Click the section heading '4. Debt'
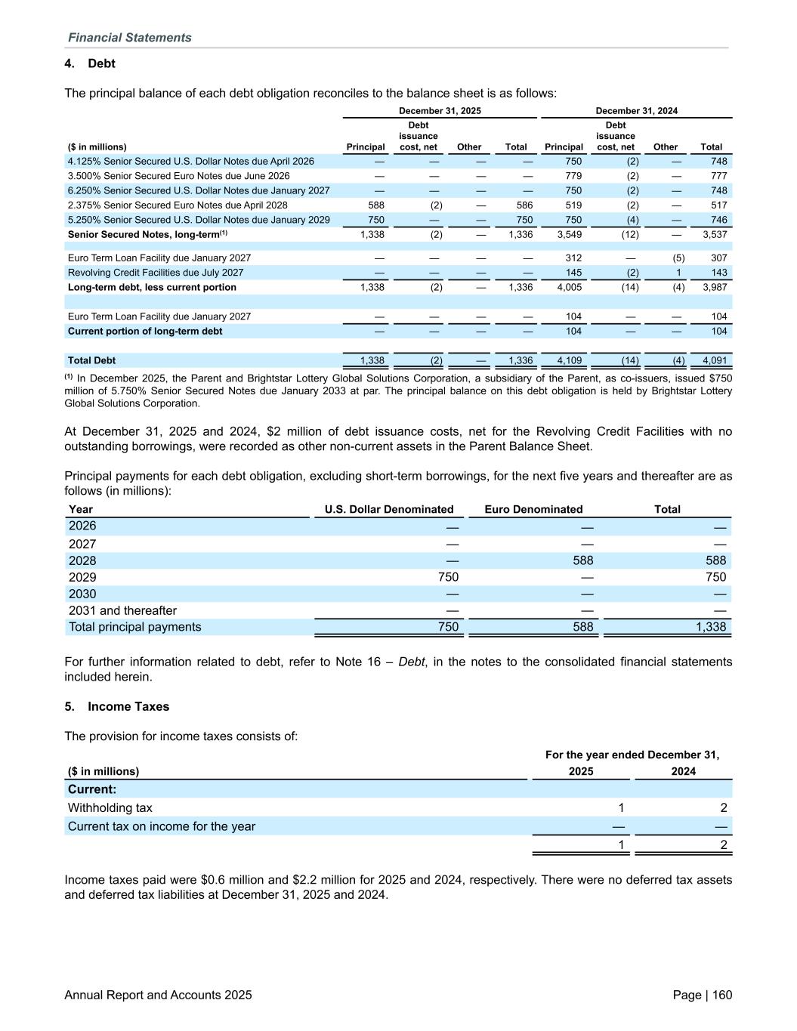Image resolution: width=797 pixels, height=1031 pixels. [x=90, y=63]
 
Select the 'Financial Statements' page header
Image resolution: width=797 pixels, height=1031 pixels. [x=129, y=38]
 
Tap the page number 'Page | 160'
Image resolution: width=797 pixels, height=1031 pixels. [x=702, y=995]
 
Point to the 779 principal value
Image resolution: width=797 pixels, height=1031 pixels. [x=573, y=176]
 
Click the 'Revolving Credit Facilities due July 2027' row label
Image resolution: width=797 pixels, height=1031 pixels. [x=155, y=273]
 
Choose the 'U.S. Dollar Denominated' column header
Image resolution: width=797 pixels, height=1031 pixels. [x=389, y=509]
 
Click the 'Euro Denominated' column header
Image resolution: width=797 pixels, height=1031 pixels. [x=533, y=509]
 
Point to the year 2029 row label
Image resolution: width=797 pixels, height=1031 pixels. [x=82, y=577]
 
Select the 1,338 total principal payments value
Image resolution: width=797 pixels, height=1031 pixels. [x=711, y=627]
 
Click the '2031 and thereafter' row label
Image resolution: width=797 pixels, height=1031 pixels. [x=122, y=610]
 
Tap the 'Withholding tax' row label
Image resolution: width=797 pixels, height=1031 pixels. [x=110, y=807]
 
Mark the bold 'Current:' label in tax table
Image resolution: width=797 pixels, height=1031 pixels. [x=92, y=789]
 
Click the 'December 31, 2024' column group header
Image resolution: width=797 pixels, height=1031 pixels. [x=636, y=111]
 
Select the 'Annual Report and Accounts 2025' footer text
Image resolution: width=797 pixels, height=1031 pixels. [x=158, y=995]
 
